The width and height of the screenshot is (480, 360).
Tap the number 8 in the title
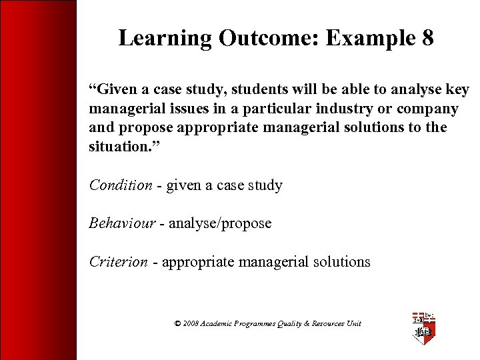pos(427,38)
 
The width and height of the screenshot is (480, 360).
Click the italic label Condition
pos(121,185)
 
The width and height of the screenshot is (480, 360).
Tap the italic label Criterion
pos(119,262)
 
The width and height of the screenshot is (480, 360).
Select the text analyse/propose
pos(220,223)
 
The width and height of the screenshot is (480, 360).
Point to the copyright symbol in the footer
pos(177,323)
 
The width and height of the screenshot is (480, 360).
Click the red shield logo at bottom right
pos(424,328)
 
